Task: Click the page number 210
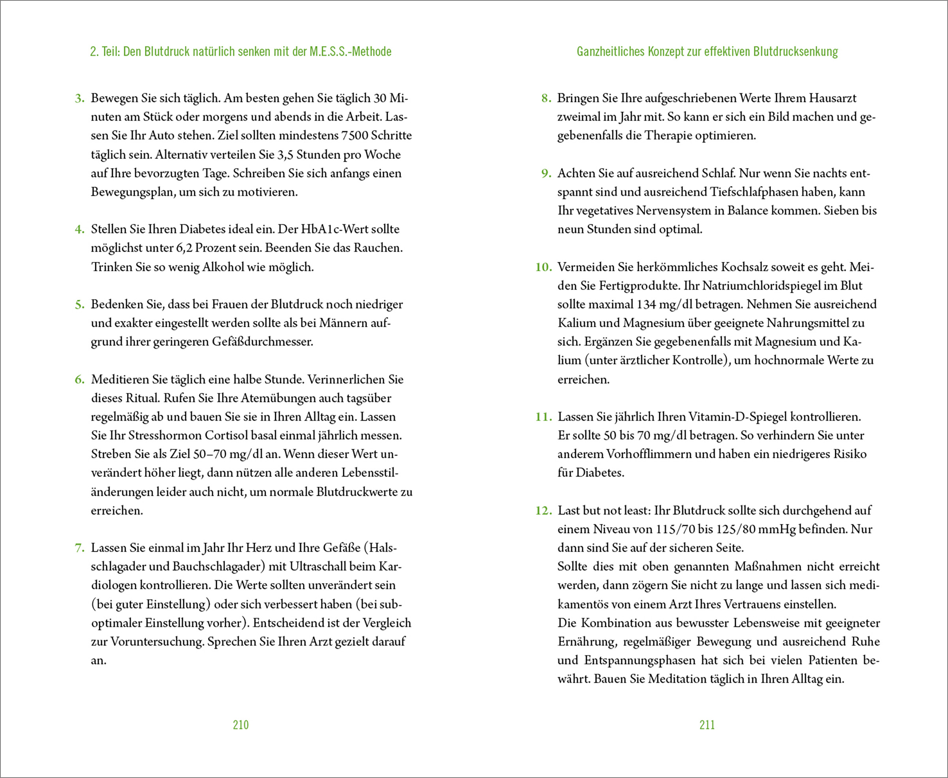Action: tap(241, 725)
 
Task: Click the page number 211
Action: tap(707, 725)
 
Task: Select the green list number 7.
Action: tap(79, 548)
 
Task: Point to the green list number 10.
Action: tap(544, 267)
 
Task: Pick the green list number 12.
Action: tap(544, 511)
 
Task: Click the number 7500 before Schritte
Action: tap(354, 136)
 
